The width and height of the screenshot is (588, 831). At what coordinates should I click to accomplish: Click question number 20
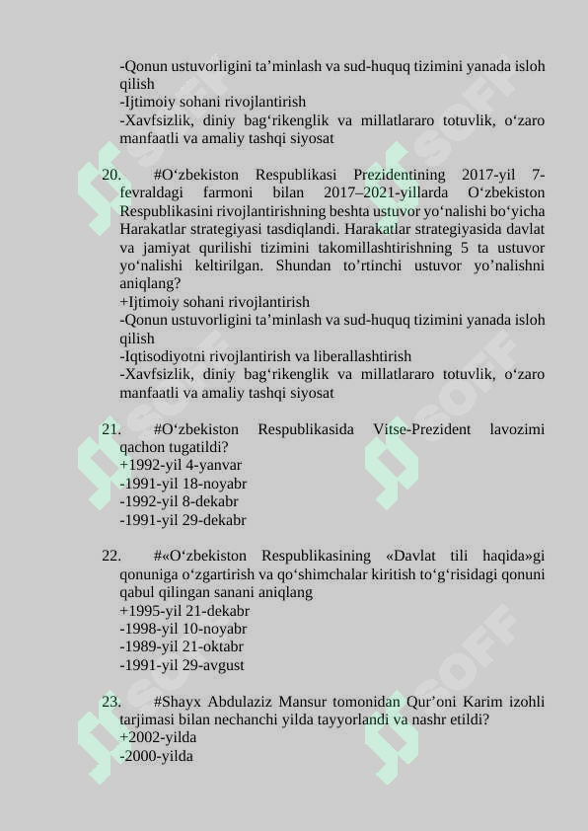coord(110,175)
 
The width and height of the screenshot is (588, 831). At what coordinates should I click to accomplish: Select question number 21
coord(110,429)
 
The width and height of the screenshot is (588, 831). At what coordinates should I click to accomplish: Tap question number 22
coord(110,556)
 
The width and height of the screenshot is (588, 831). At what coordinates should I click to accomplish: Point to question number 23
coord(110,702)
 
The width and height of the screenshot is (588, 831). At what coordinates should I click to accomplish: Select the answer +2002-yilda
coord(158,738)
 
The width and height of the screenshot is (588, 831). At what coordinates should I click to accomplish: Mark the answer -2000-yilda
coord(156,756)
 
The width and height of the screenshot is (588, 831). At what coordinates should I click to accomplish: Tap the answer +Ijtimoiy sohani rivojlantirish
coord(214,302)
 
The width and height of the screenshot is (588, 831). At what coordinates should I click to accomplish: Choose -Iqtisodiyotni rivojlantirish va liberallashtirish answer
coord(265,356)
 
